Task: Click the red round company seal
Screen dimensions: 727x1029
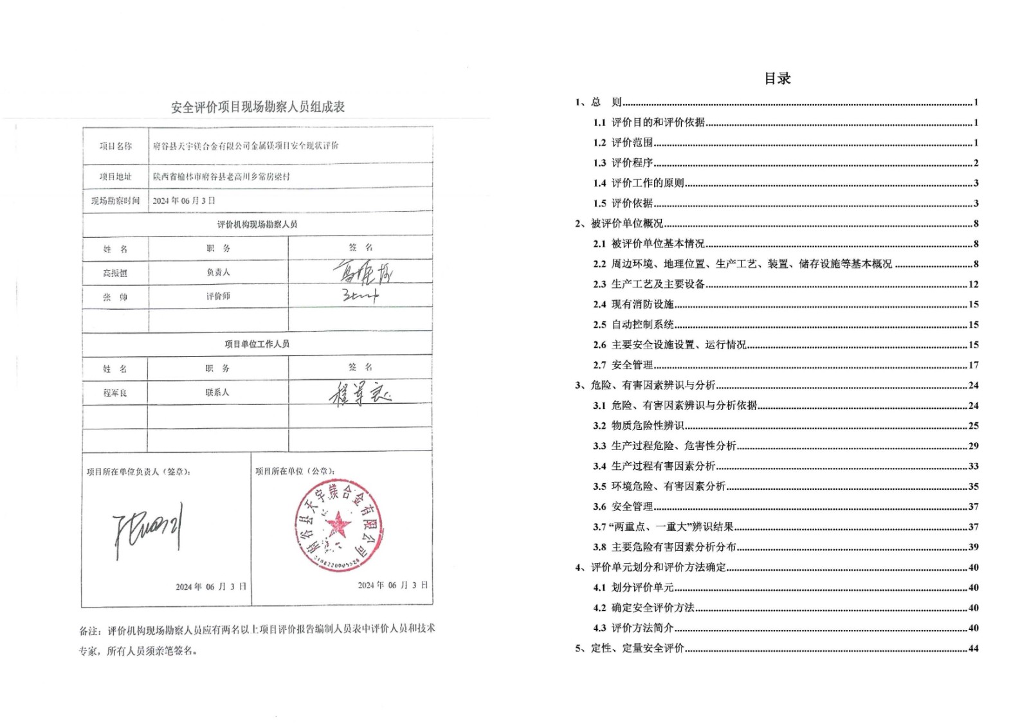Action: click(338, 525)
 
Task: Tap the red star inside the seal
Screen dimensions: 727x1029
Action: click(338, 525)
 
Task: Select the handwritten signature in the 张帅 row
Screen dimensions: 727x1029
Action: click(360, 296)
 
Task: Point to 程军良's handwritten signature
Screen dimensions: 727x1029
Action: click(360, 393)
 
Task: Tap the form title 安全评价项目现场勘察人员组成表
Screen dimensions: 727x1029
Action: click(258, 107)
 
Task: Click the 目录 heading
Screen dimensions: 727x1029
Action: click(777, 79)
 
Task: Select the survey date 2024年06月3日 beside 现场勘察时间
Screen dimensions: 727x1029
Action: click(184, 201)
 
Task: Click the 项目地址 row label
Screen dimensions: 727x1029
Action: click(115, 177)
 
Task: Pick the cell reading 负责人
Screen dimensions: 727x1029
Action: click(218, 273)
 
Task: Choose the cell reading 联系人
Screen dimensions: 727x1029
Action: click(217, 393)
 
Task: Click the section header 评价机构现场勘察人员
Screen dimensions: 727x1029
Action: click(257, 224)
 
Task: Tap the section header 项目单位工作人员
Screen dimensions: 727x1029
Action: click(257, 345)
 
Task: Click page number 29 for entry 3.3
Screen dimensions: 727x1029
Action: click(973, 446)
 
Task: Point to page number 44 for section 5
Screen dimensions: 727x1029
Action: click(973, 649)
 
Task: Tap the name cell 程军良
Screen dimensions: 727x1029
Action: click(115, 393)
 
